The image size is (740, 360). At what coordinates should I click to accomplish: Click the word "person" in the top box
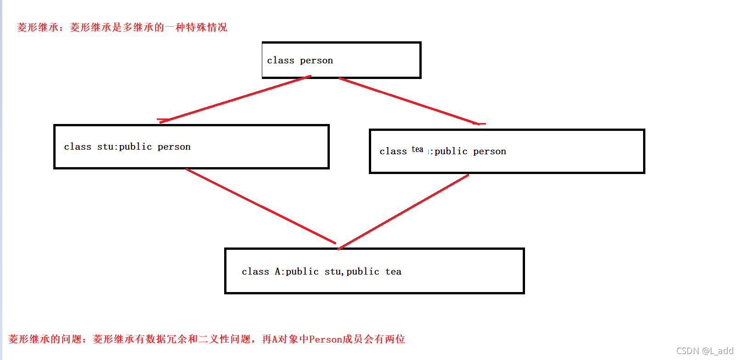pyautogui.click(x=316, y=61)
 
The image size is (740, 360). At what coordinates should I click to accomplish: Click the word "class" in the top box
pyautogui.click(x=280, y=61)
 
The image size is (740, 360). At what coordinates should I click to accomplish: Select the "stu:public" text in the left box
pyautogui.click(x=124, y=146)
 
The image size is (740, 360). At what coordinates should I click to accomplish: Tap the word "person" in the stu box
pyautogui.click(x=174, y=147)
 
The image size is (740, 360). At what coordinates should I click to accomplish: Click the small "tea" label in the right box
pyautogui.click(x=417, y=149)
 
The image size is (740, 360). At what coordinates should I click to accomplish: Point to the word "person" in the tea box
pyautogui.click(x=489, y=152)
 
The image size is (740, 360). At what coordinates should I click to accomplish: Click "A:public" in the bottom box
pyautogui.click(x=296, y=271)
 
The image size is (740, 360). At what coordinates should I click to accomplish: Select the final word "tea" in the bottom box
pyautogui.click(x=393, y=271)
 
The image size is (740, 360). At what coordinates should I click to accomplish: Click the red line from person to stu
pyautogui.click(x=234, y=99)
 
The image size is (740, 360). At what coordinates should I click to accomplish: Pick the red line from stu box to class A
pyautogui.click(x=260, y=206)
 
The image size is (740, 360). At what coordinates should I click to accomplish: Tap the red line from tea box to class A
pyautogui.click(x=403, y=212)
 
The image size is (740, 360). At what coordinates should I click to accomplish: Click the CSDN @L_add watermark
pyautogui.click(x=704, y=351)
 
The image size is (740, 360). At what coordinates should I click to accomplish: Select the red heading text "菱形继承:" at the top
pyautogui.click(x=40, y=28)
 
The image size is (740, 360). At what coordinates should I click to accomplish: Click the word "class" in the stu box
pyautogui.click(x=77, y=146)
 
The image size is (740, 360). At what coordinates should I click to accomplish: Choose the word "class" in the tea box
pyautogui.click(x=393, y=152)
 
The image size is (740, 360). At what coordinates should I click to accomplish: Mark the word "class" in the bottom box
pyautogui.click(x=255, y=271)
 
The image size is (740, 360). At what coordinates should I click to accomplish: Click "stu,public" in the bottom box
pyautogui.click(x=352, y=271)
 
